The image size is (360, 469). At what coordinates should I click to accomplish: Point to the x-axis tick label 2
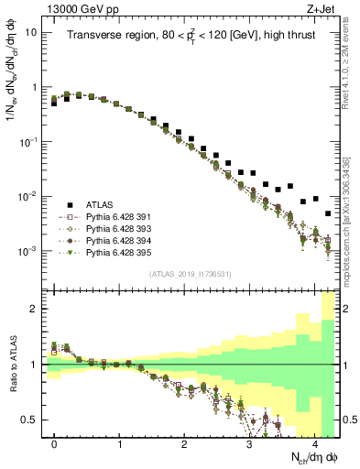click(184, 444)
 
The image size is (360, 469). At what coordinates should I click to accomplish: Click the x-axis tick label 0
click(54, 444)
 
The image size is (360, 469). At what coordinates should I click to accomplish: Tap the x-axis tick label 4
click(314, 444)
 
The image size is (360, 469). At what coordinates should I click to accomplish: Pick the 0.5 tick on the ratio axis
click(31, 420)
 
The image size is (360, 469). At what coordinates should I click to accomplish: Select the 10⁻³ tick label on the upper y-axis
click(27, 250)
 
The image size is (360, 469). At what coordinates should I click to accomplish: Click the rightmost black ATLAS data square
click(327, 213)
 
